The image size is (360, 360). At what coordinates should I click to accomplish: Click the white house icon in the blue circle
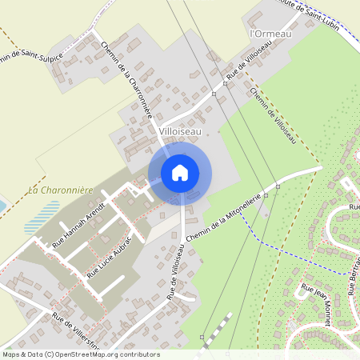tap(180, 172)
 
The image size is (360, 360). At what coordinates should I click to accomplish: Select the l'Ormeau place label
tap(271, 34)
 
